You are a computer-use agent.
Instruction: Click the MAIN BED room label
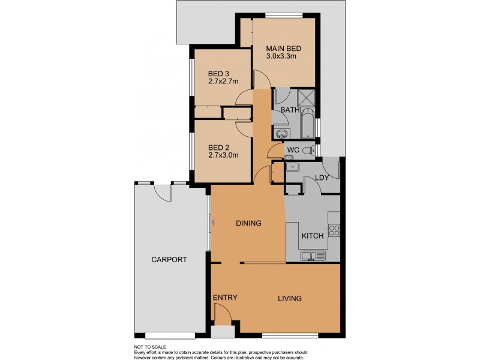(x=283, y=48)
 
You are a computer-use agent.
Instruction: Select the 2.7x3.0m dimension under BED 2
(x=223, y=155)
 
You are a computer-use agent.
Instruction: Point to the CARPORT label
(x=169, y=260)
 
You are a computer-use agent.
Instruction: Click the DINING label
(x=248, y=223)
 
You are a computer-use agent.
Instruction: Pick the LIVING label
(x=289, y=298)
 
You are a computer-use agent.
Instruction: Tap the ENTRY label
(x=225, y=298)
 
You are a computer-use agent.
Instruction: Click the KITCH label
(x=312, y=236)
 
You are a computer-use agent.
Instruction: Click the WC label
(x=293, y=149)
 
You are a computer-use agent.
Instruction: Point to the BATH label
(x=290, y=110)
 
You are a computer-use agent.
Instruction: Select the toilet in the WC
(x=307, y=150)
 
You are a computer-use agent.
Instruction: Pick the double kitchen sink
(x=312, y=256)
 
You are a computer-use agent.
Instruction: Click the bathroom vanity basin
(x=281, y=133)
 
